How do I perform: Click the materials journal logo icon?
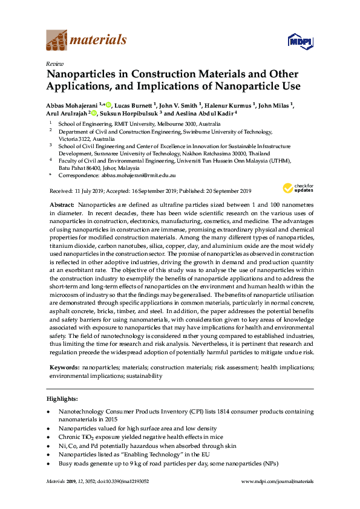coord(57,41)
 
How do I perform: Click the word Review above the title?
coord(54,63)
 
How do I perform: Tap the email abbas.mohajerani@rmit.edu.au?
coord(146,175)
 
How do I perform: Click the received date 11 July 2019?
coord(89,190)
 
